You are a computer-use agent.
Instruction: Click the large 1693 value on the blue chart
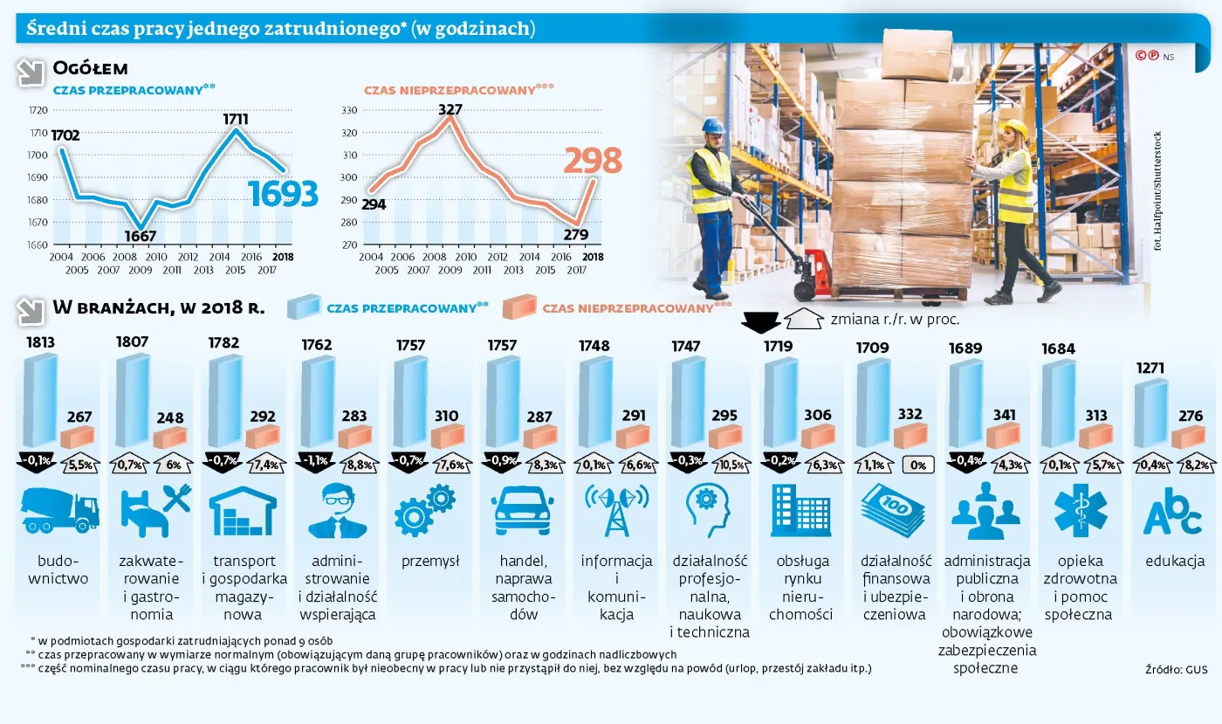pos(283,194)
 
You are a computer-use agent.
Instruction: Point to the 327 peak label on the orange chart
pos(450,110)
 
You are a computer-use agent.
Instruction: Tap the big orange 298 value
pos(592,161)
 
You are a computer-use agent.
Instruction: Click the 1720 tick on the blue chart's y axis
pos(38,111)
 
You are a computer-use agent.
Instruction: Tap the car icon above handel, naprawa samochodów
pos(524,510)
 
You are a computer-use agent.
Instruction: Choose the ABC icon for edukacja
pos(1171,512)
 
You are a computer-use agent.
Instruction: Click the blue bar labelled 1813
pos(39,400)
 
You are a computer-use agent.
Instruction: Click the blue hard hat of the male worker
pos(713,125)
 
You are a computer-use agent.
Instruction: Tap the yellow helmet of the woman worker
pos(1015,128)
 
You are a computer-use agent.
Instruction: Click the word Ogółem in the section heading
pos(91,68)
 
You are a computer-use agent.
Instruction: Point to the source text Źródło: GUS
pos(1176,669)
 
